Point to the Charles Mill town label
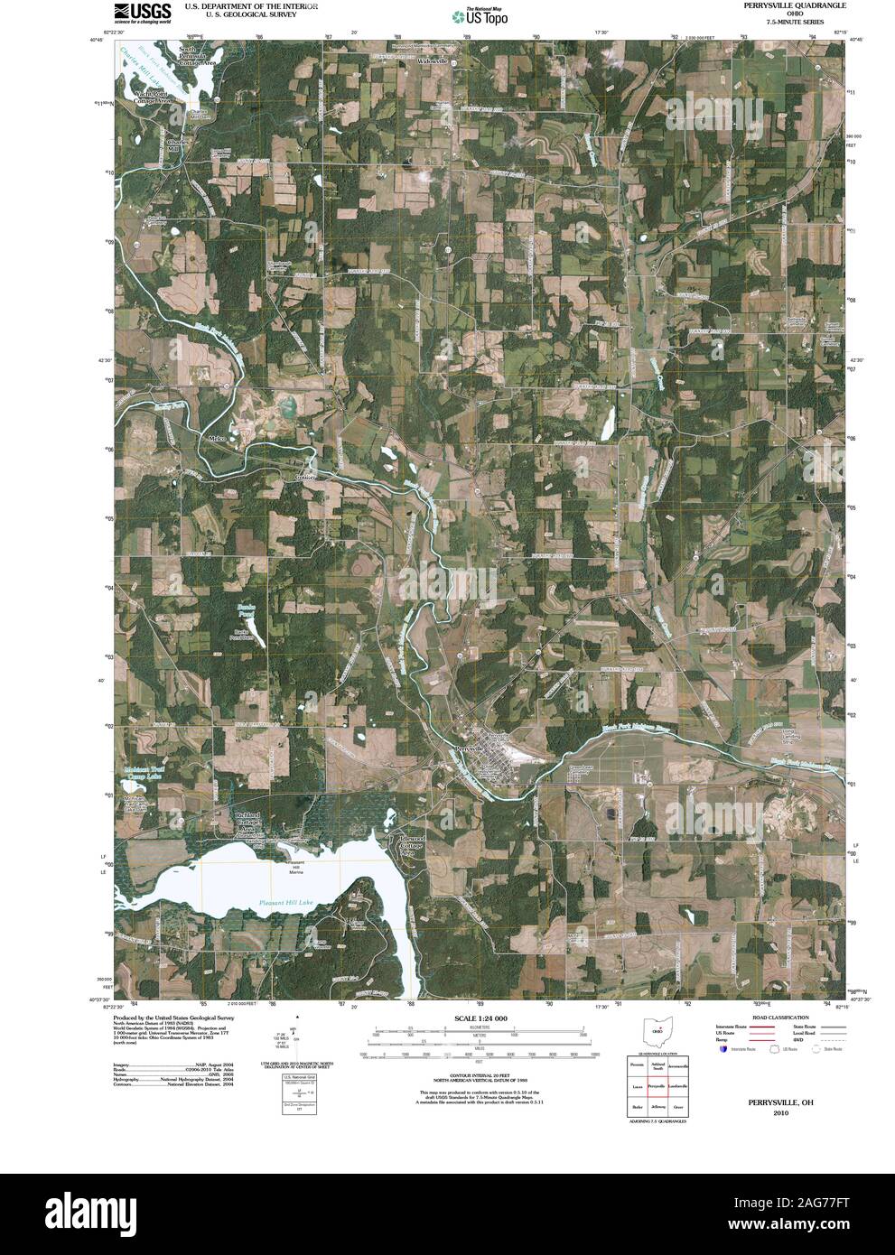[x=178, y=145]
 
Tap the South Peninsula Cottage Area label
[x=196, y=56]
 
